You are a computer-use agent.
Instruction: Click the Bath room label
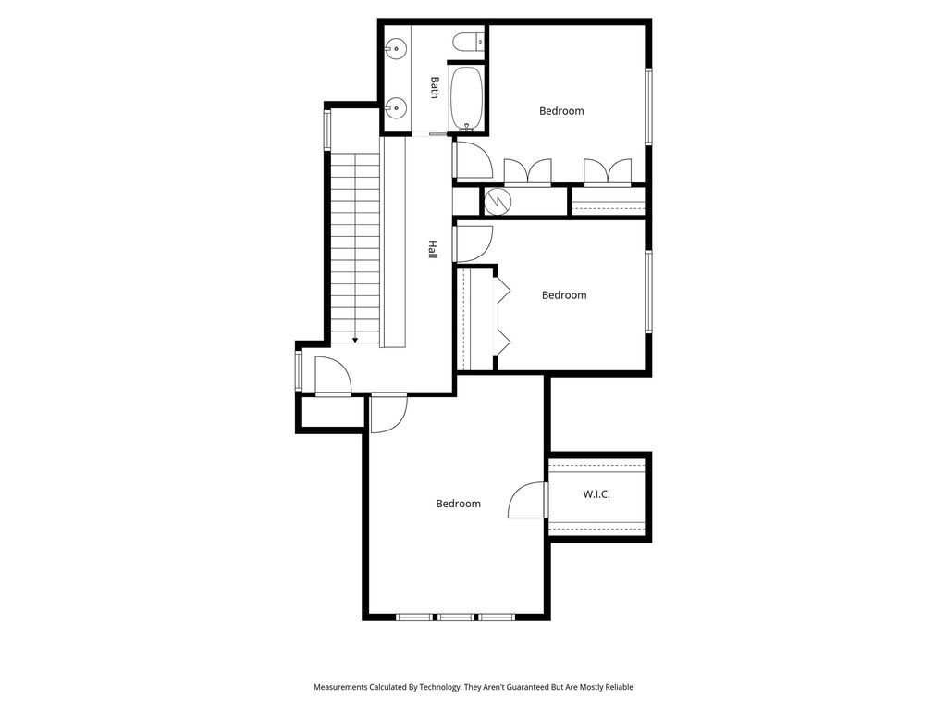tap(435, 87)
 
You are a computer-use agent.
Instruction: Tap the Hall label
tap(433, 250)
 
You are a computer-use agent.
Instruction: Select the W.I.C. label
tap(596, 494)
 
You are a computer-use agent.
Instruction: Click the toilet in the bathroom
tap(469, 42)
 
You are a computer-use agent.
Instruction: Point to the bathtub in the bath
tap(467, 98)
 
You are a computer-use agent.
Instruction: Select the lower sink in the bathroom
tap(397, 108)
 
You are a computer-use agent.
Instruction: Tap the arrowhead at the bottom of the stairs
tap(355, 340)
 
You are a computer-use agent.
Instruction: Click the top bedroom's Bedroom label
tap(561, 111)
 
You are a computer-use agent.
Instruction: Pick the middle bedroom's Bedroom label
tap(564, 295)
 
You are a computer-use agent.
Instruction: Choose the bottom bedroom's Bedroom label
tap(459, 504)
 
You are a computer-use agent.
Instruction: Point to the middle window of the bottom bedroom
tap(456, 617)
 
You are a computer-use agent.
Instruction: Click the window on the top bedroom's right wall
tap(648, 107)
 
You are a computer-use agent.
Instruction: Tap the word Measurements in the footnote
tap(340, 687)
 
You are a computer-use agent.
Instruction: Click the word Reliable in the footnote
tap(621, 687)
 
